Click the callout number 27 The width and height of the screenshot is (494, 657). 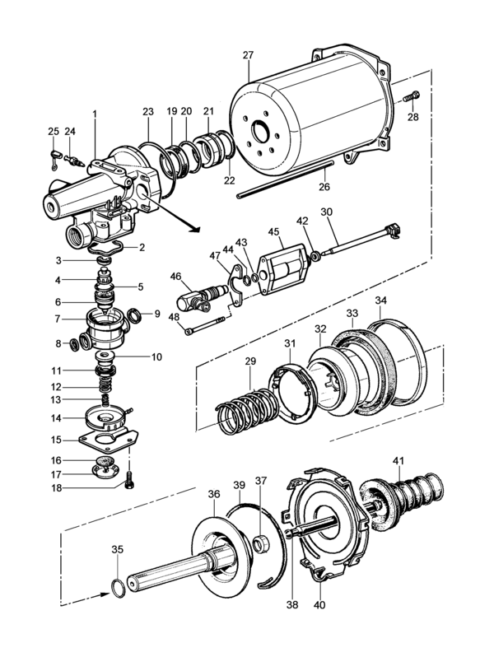[x=248, y=55]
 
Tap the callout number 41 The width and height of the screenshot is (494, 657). [x=398, y=459]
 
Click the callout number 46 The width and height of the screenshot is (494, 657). [x=175, y=277]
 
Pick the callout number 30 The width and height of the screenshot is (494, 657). [x=326, y=212]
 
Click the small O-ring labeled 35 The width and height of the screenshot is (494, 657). [x=119, y=587]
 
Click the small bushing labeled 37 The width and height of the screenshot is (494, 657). [x=259, y=544]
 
